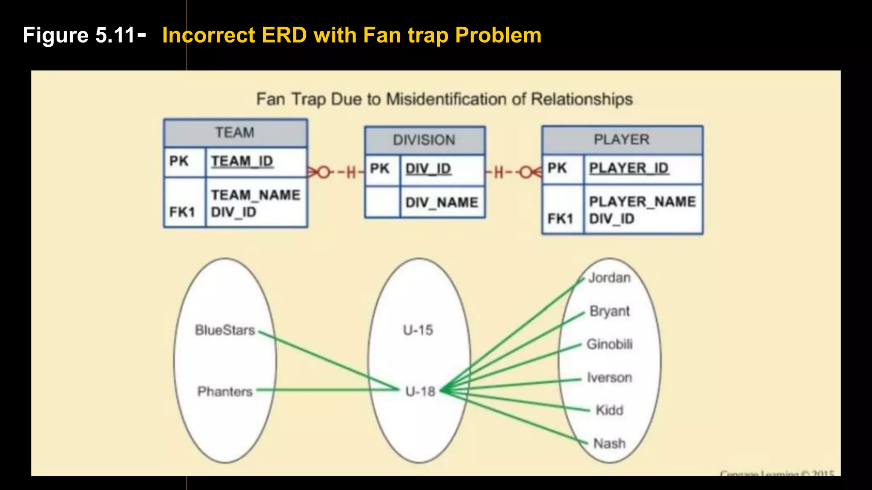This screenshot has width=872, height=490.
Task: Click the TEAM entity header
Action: [235, 133]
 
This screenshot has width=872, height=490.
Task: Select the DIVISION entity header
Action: [424, 140]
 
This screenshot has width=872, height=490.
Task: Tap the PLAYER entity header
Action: [622, 140]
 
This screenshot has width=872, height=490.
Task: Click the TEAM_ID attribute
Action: [242, 161]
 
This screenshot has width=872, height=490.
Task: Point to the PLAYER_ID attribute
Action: [628, 168]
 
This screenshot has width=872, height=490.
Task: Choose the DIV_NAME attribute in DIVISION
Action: [442, 202]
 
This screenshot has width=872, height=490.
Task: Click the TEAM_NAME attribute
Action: [255, 195]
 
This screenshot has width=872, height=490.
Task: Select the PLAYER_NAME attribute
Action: [642, 201]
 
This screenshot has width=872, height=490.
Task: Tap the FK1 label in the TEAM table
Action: [182, 212]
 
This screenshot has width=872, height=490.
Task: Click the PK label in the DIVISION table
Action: [380, 168]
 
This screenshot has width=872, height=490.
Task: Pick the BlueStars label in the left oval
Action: [225, 330]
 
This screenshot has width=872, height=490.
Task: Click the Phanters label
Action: [225, 391]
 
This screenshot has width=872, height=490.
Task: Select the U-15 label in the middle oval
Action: [418, 330]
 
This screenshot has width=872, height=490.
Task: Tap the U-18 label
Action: [420, 391]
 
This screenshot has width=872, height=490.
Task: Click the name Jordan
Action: [609, 278]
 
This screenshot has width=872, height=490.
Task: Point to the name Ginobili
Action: [609, 344]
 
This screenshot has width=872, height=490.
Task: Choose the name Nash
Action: [609, 443]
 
